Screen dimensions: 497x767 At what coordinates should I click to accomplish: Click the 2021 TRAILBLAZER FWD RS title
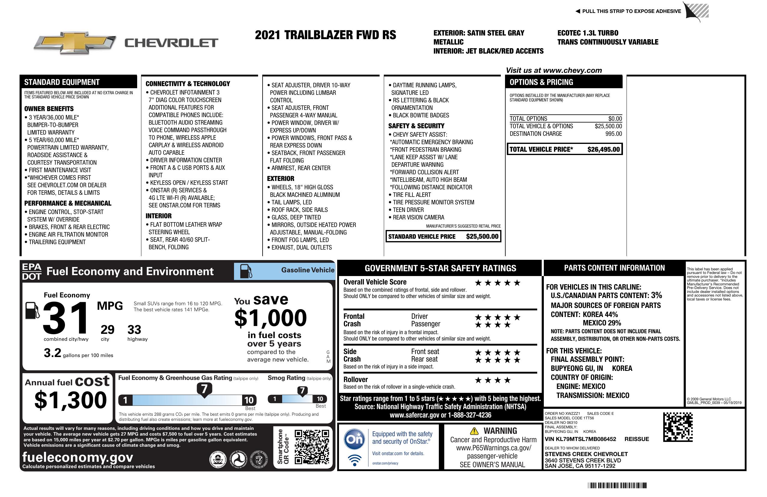point(325,35)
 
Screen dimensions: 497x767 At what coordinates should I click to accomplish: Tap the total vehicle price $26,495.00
point(603,149)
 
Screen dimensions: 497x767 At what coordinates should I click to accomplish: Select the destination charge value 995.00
point(613,134)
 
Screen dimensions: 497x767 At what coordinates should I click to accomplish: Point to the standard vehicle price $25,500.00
point(482,236)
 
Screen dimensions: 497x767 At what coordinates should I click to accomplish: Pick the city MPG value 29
point(107,330)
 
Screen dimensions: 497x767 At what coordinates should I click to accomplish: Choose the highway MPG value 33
point(134,330)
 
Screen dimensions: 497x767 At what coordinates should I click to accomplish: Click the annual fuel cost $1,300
point(70,400)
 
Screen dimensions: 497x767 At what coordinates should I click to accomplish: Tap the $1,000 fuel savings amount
point(270,318)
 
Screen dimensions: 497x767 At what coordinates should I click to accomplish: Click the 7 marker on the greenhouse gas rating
point(204,389)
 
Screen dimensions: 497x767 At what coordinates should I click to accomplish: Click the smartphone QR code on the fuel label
point(312,447)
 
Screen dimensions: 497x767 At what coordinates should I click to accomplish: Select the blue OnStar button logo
point(354,439)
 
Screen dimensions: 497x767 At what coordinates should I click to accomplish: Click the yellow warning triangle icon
point(474,431)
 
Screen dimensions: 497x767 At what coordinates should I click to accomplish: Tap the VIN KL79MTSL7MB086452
point(580,439)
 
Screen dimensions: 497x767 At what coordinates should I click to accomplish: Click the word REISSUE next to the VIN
point(636,439)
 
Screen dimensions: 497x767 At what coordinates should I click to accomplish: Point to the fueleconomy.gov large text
point(78,457)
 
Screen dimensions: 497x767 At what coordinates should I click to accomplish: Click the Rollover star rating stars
point(493,380)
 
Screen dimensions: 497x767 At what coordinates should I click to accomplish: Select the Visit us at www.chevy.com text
point(553,70)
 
